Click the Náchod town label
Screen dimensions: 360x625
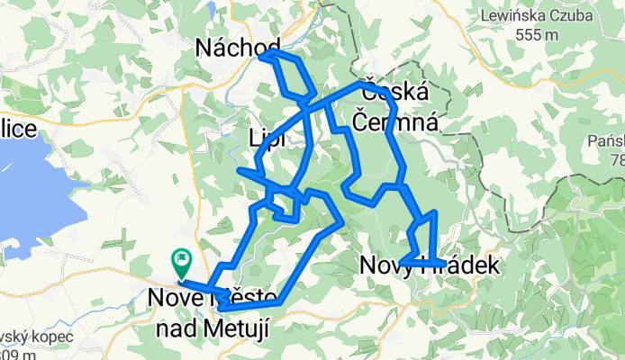pyautogui.click(x=237, y=47)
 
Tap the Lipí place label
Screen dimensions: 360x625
pyautogui.click(x=267, y=139)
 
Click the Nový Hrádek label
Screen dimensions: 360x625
pyautogui.click(x=427, y=265)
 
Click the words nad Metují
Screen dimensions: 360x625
pyautogui.click(x=213, y=329)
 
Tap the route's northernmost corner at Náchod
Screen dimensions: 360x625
pyautogui.click(x=264, y=55)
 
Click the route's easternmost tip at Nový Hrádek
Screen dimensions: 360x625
pyautogui.click(x=444, y=263)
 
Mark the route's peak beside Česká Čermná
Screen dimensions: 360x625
pyautogui.click(x=363, y=84)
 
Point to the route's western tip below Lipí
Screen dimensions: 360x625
pyautogui.click(x=240, y=169)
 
